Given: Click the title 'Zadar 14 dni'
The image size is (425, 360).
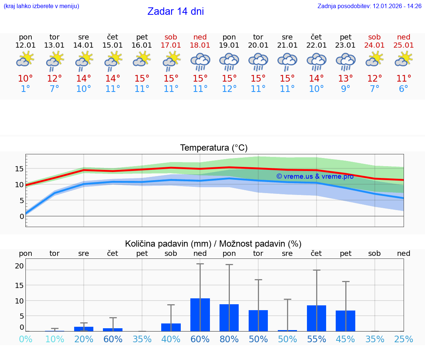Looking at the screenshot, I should (176, 11).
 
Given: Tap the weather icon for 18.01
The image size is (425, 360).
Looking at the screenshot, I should (200, 62).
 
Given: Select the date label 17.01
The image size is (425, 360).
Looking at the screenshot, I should (171, 45).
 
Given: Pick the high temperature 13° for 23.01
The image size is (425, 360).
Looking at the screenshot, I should (346, 79).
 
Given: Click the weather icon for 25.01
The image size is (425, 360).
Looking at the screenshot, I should (404, 59).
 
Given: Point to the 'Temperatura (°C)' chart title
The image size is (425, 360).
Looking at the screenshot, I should (214, 148).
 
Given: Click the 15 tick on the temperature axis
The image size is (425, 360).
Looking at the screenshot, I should (19, 169).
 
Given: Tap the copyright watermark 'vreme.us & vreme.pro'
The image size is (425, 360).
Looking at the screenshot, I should (315, 176).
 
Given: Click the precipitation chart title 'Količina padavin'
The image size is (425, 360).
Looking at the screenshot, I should (213, 244).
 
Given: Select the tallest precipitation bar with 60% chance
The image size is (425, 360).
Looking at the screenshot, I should (200, 315).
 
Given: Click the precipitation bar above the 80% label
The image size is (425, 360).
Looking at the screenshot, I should (229, 318).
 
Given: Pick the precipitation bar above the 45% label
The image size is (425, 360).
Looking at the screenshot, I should (345, 320).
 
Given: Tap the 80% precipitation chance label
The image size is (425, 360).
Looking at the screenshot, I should (229, 339).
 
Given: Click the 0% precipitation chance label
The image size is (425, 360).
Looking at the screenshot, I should (25, 339).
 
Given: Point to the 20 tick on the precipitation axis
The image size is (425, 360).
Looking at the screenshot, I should (19, 266).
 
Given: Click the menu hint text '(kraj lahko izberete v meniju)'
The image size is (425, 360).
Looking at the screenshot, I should (41, 6).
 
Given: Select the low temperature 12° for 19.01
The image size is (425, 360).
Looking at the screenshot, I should (229, 89).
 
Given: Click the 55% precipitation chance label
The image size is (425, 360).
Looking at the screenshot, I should (317, 339).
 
